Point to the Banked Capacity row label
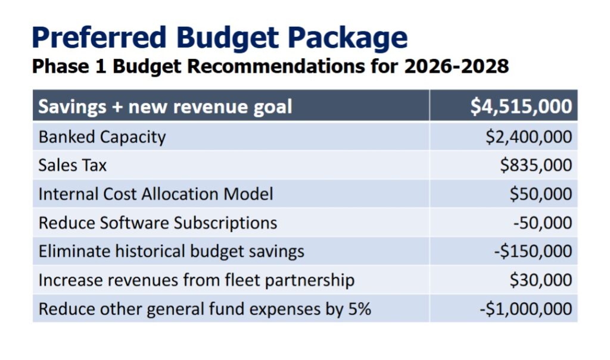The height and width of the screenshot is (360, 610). pyautogui.click(x=102, y=137)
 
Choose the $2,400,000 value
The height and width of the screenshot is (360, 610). pyautogui.click(x=528, y=137)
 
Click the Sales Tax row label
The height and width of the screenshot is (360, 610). pyautogui.click(x=72, y=165)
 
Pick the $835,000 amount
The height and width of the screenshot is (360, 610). pyautogui.click(x=536, y=165)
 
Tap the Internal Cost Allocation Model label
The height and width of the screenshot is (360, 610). pyautogui.click(x=155, y=194)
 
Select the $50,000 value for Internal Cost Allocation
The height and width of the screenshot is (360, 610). pyautogui.click(x=540, y=194)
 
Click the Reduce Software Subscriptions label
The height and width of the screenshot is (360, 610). pyautogui.click(x=158, y=223)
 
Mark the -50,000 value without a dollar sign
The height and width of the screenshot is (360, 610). pyautogui.click(x=542, y=223)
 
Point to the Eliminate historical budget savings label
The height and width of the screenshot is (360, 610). pyautogui.click(x=171, y=252)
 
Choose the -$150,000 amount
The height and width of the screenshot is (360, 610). pyautogui.click(x=533, y=252)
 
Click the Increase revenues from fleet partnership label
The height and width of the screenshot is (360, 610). pyautogui.click(x=196, y=280)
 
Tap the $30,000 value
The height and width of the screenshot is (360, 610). pyautogui.click(x=540, y=280)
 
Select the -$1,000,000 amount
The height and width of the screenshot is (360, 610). pyautogui.click(x=525, y=309)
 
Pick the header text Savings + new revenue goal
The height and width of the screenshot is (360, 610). pyautogui.click(x=165, y=107)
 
